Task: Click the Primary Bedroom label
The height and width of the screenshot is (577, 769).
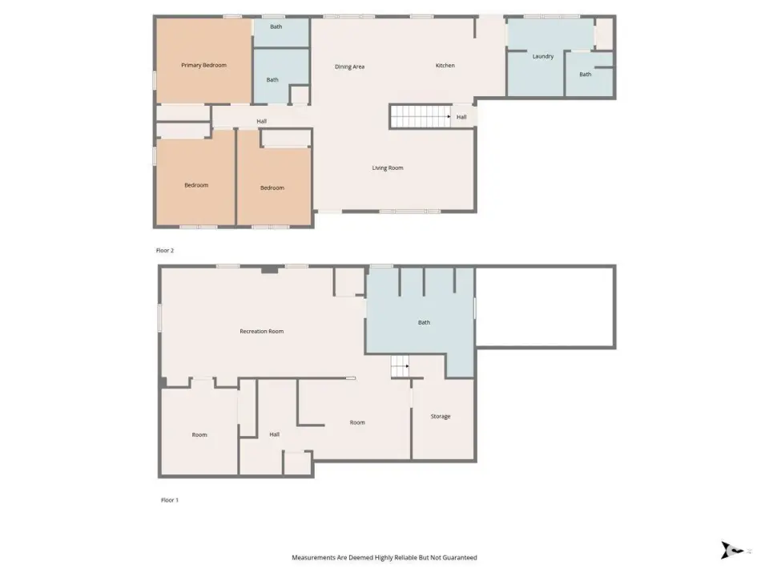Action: coord(203,65)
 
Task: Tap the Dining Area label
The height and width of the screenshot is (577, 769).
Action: coord(350,67)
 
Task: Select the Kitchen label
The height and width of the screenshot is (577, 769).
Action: coord(445,65)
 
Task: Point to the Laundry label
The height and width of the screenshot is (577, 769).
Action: coord(543,56)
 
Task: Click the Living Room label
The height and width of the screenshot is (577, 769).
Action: coord(388,167)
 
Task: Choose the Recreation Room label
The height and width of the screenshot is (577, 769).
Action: coord(261,331)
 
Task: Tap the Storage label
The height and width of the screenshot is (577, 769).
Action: coord(441,417)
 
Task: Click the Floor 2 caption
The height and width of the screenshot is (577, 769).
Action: coord(165,250)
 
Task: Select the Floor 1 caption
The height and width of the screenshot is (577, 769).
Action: coord(170,500)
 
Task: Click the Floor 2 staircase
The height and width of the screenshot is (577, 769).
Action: coord(421,117)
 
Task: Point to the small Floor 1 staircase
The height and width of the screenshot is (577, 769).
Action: coord(400,366)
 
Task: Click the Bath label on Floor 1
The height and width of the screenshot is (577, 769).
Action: coord(424,322)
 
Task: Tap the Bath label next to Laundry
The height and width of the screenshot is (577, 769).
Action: coord(585,75)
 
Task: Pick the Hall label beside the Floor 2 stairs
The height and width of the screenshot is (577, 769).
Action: coord(461,117)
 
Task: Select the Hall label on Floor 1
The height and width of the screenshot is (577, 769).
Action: coord(274,434)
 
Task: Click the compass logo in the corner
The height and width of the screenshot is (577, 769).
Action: coord(732,550)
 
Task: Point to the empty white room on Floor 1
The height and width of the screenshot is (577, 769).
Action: coord(546,307)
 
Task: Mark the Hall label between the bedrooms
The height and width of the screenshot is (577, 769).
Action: coord(261,121)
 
